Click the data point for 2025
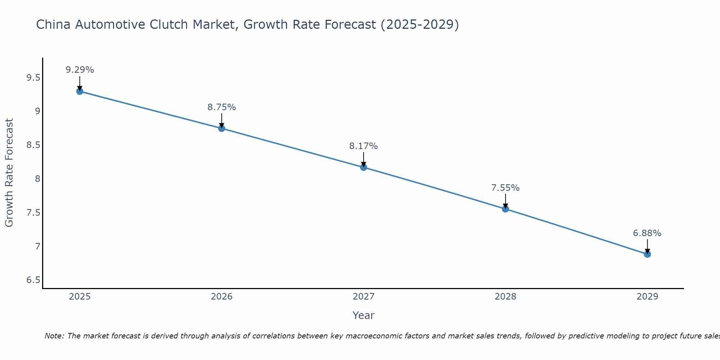[x=80, y=91]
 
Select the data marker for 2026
[x=222, y=128]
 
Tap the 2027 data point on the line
[x=364, y=167]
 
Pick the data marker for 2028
[x=505, y=209]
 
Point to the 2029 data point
[x=647, y=254]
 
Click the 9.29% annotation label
[x=80, y=70]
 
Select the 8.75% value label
[x=222, y=107]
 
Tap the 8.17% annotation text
[x=364, y=146]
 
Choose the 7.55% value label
[x=505, y=188]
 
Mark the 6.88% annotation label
[x=647, y=233]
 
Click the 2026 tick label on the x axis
[x=222, y=297]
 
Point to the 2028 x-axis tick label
[x=505, y=297]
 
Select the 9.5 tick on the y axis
[x=33, y=78]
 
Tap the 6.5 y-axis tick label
[x=33, y=280]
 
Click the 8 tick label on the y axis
[x=37, y=179]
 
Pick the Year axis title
[x=364, y=315]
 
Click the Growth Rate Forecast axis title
[x=9, y=173]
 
